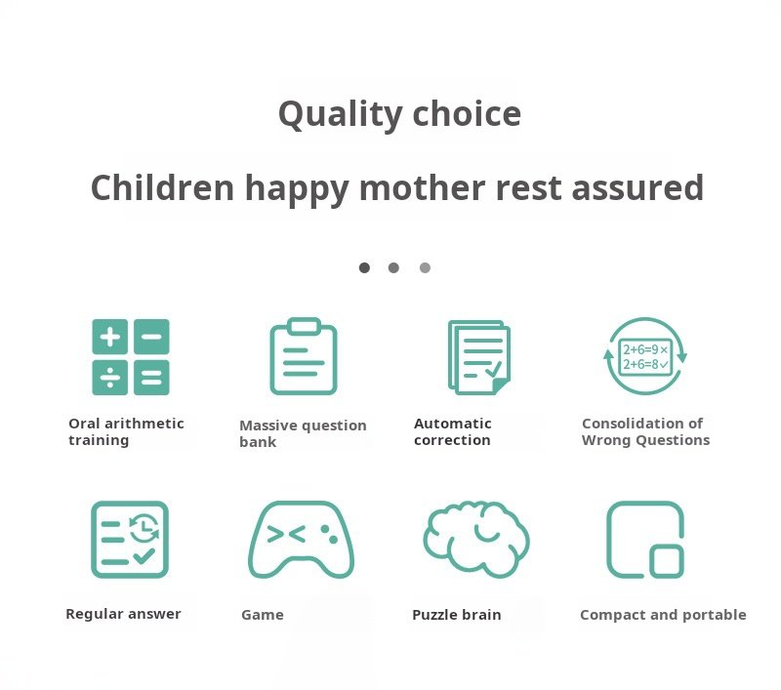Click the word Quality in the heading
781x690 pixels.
[340, 114]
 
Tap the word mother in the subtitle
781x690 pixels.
[423, 187]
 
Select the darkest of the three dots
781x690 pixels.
[364, 267]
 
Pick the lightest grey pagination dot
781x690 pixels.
[425, 267]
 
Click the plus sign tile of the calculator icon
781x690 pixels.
[110, 337]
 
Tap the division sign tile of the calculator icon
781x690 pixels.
[110, 378]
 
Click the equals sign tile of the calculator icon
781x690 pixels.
[151, 378]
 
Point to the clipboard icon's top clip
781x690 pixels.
[304, 326]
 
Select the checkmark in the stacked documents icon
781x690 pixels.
[493, 369]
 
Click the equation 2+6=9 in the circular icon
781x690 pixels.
[639, 349]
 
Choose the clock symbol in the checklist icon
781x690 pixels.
[144, 527]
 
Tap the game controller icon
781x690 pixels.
[302, 540]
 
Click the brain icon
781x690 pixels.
[476, 539]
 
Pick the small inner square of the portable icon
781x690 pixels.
[667, 561]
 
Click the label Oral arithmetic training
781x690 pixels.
[126, 431]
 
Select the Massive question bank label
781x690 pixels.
[303, 433]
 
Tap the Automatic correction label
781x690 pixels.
[453, 431]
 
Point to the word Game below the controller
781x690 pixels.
[263, 615]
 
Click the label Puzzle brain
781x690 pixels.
[457, 615]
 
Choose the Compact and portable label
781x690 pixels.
[664, 615]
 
